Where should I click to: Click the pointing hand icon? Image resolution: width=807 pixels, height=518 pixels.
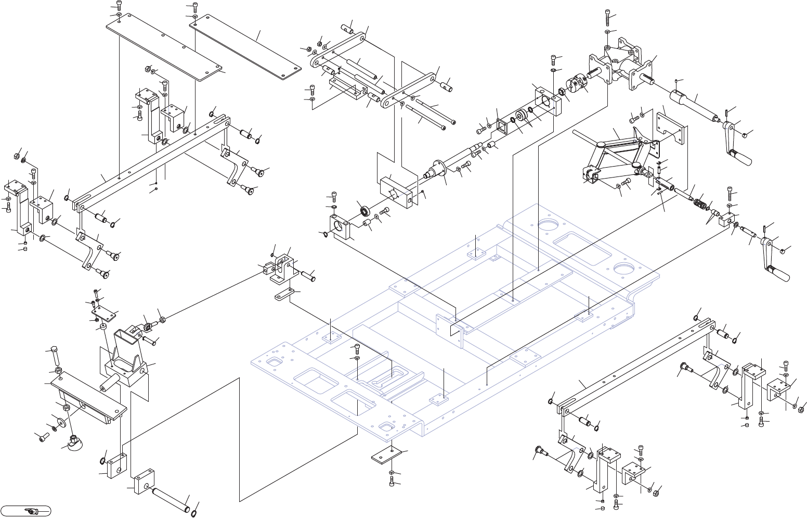pos(32,511)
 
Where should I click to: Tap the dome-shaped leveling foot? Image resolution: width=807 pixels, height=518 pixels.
pos(75,442)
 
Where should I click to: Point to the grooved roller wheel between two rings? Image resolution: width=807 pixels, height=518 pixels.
pos(520,117)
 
